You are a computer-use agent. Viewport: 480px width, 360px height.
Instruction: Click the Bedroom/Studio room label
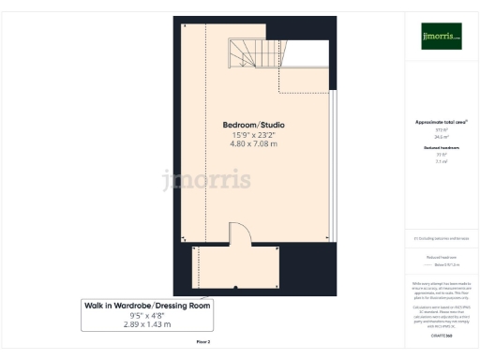pos(253,125)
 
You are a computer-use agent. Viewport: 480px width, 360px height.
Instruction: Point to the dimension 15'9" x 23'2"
pos(253,135)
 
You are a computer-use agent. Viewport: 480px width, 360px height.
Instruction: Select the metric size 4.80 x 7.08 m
pos(253,144)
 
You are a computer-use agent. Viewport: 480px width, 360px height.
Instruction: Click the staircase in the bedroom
pos(254,53)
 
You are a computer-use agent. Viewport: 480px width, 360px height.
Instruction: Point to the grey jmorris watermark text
pos(206,178)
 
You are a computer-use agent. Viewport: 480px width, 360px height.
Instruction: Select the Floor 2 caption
pos(203,341)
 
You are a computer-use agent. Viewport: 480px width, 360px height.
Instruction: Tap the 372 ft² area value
pos(441,130)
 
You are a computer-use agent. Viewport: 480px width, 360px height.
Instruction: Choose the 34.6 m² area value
pos(441,137)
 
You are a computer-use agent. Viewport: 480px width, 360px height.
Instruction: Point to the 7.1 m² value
pos(441,161)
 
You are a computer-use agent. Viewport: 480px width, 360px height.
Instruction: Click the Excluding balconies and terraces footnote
pos(441,238)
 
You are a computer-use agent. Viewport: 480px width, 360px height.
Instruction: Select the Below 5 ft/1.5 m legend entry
pos(445,263)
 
